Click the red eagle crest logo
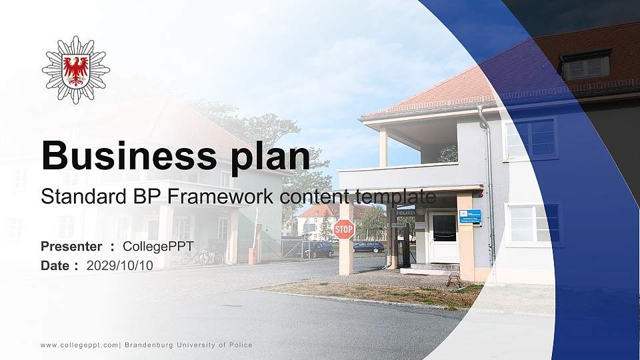[x=75, y=69]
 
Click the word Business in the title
[x=127, y=156]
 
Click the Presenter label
[x=71, y=247]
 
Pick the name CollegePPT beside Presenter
[x=158, y=247]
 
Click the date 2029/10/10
[x=120, y=265]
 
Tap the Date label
[x=56, y=265]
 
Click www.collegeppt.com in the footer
[x=79, y=345]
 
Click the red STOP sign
[x=344, y=229]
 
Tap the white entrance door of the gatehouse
[x=444, y=237]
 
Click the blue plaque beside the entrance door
[x=470, y=216]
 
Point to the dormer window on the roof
[x=585, y=65]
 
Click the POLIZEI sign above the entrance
[x=405, y=212]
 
